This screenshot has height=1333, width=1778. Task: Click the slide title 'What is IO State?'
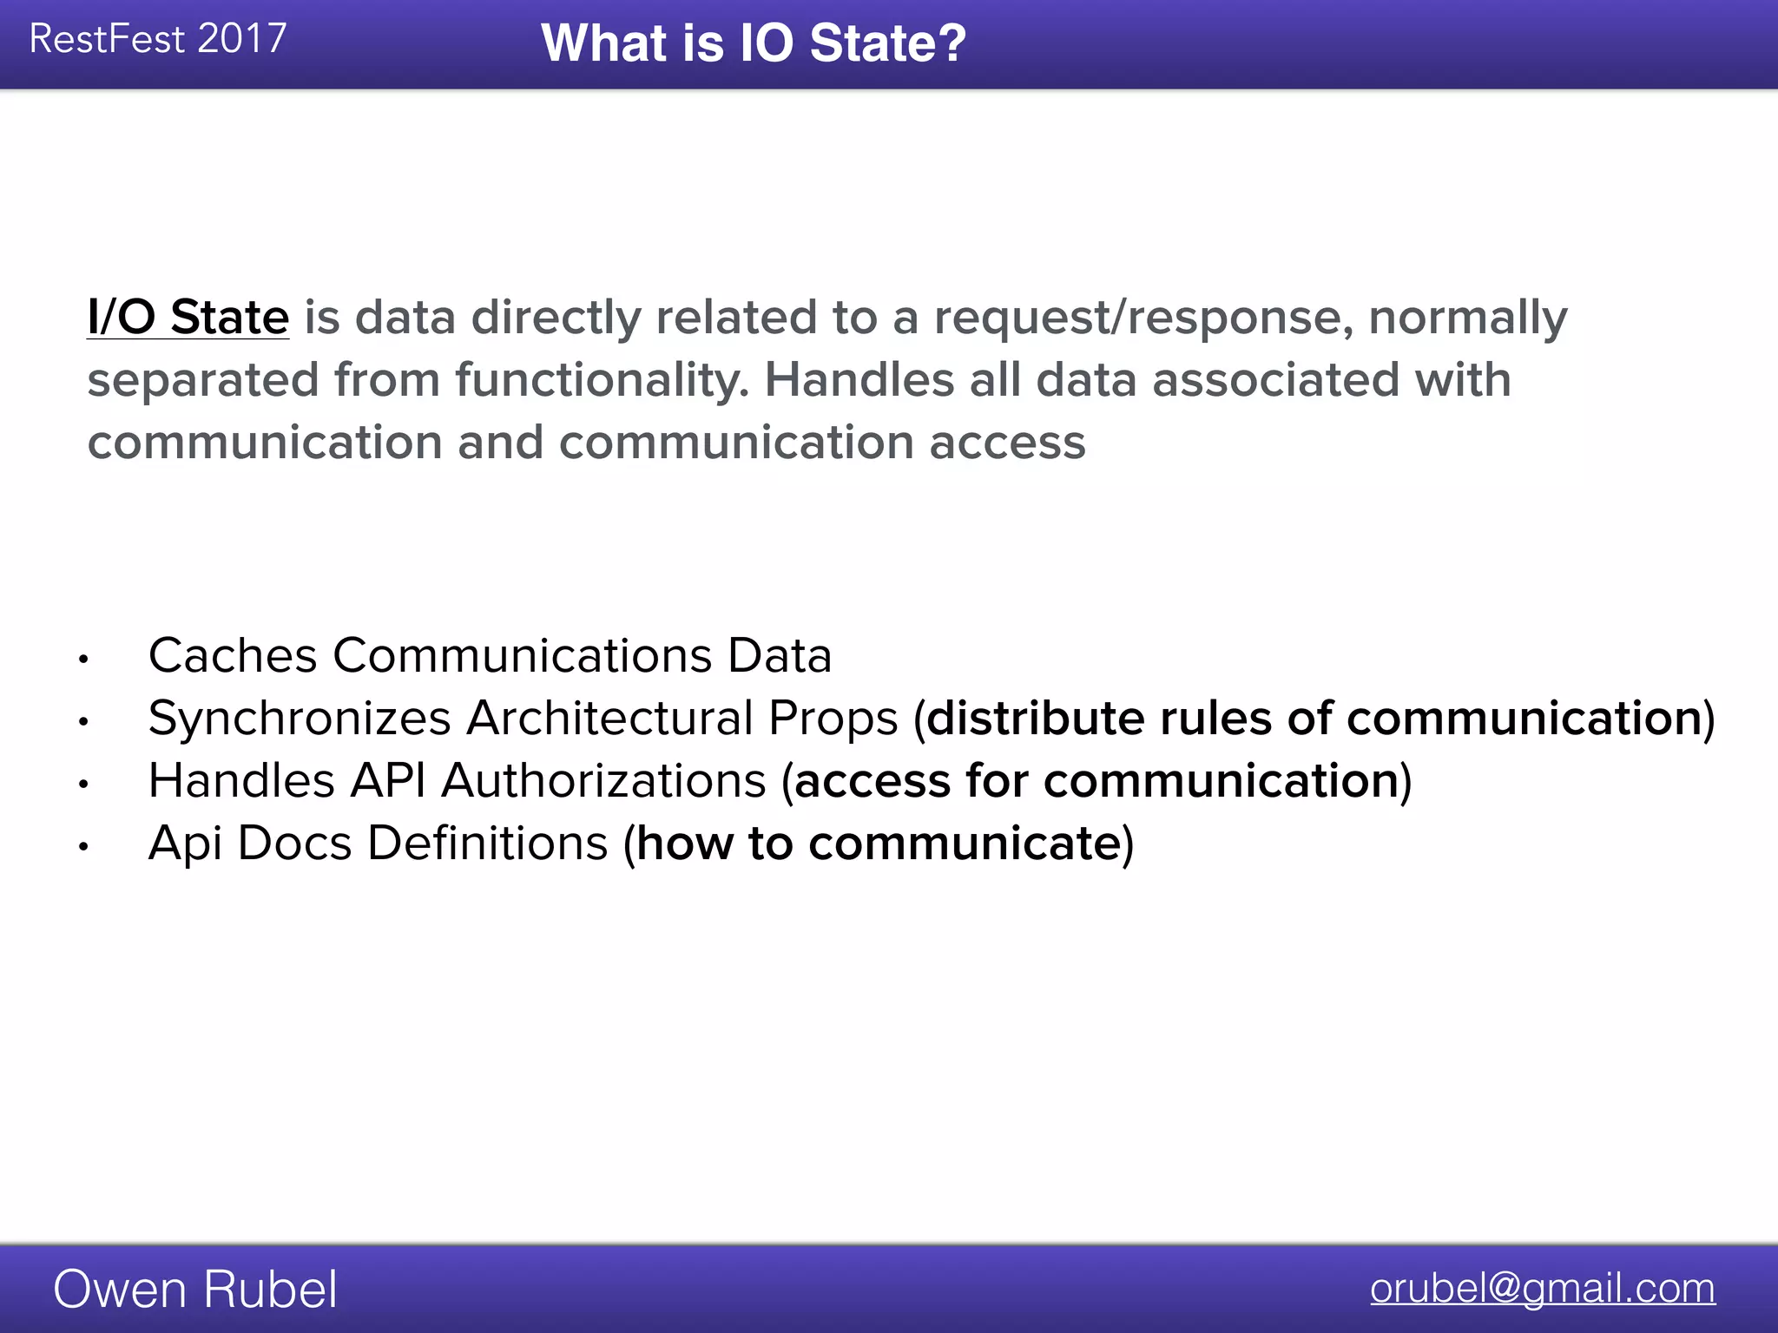coord(753,43)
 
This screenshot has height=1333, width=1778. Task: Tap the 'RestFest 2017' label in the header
coord(158,39)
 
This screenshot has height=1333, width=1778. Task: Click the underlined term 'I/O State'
coord(188,317)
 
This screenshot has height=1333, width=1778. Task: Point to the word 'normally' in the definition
coord(1468,318)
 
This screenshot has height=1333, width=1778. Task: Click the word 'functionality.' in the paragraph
coord(602,380)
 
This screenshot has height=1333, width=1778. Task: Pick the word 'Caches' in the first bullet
coord(233,655)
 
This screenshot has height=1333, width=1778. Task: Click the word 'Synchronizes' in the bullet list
coord(300,719)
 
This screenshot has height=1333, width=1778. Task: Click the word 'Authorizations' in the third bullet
coord(604,781)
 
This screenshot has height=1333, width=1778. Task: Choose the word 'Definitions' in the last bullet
coord(487,844)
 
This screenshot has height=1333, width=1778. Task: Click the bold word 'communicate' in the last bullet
coord(964,844)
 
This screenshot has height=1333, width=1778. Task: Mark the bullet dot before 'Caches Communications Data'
coord(83,660)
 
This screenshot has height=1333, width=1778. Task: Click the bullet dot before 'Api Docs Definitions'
coord(83,847)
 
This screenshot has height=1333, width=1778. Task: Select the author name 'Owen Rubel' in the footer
coord(195,1289)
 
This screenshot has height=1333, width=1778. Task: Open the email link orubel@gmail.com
coord(1542,1288)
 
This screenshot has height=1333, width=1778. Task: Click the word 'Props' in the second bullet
coord(833,719)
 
